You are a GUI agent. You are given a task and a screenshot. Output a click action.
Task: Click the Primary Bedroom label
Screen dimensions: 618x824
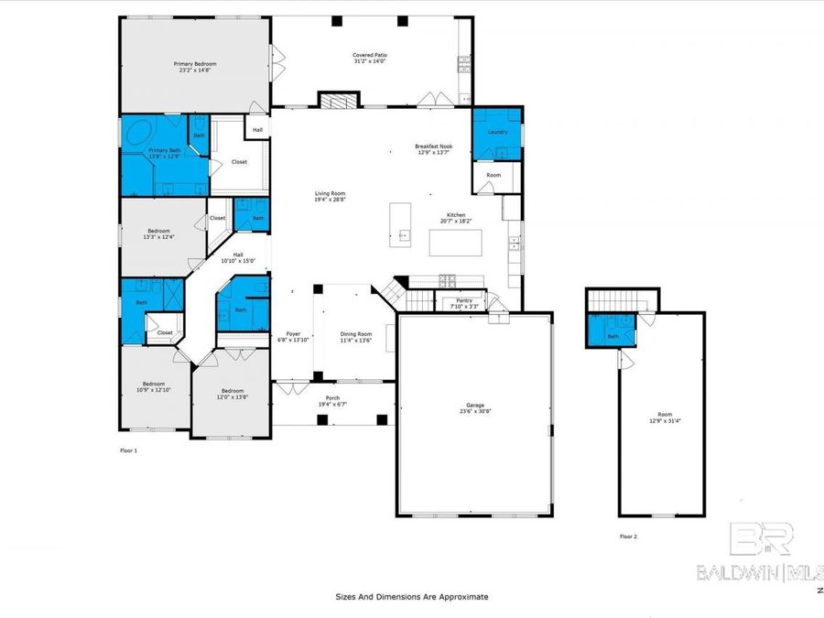click(x=195, y=64)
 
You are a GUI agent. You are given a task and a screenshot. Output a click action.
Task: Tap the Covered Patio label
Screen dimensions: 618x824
click(x=369, y=55)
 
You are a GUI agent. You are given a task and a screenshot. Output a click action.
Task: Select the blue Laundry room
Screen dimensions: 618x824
click(x=497, y=134)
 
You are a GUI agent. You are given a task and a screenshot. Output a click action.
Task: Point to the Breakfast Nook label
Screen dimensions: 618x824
click(x=434, y=146)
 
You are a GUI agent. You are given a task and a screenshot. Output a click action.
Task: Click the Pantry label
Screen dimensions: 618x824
click(x=464, y=299)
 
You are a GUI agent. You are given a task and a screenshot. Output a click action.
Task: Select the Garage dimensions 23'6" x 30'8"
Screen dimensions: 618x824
click(x=475, y=410)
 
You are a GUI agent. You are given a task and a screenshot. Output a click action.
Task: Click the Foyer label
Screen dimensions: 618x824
click(x=293, y=333)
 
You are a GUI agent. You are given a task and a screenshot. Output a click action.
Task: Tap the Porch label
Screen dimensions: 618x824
click(x=332, y=397)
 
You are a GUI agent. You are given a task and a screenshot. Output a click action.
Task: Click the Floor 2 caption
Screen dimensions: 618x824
click(x=628, y=536)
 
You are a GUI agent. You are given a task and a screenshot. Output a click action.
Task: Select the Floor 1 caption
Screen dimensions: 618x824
click(x=128, y=450)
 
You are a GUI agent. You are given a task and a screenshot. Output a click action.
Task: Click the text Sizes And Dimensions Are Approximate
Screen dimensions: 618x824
click(x=411, y=596)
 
